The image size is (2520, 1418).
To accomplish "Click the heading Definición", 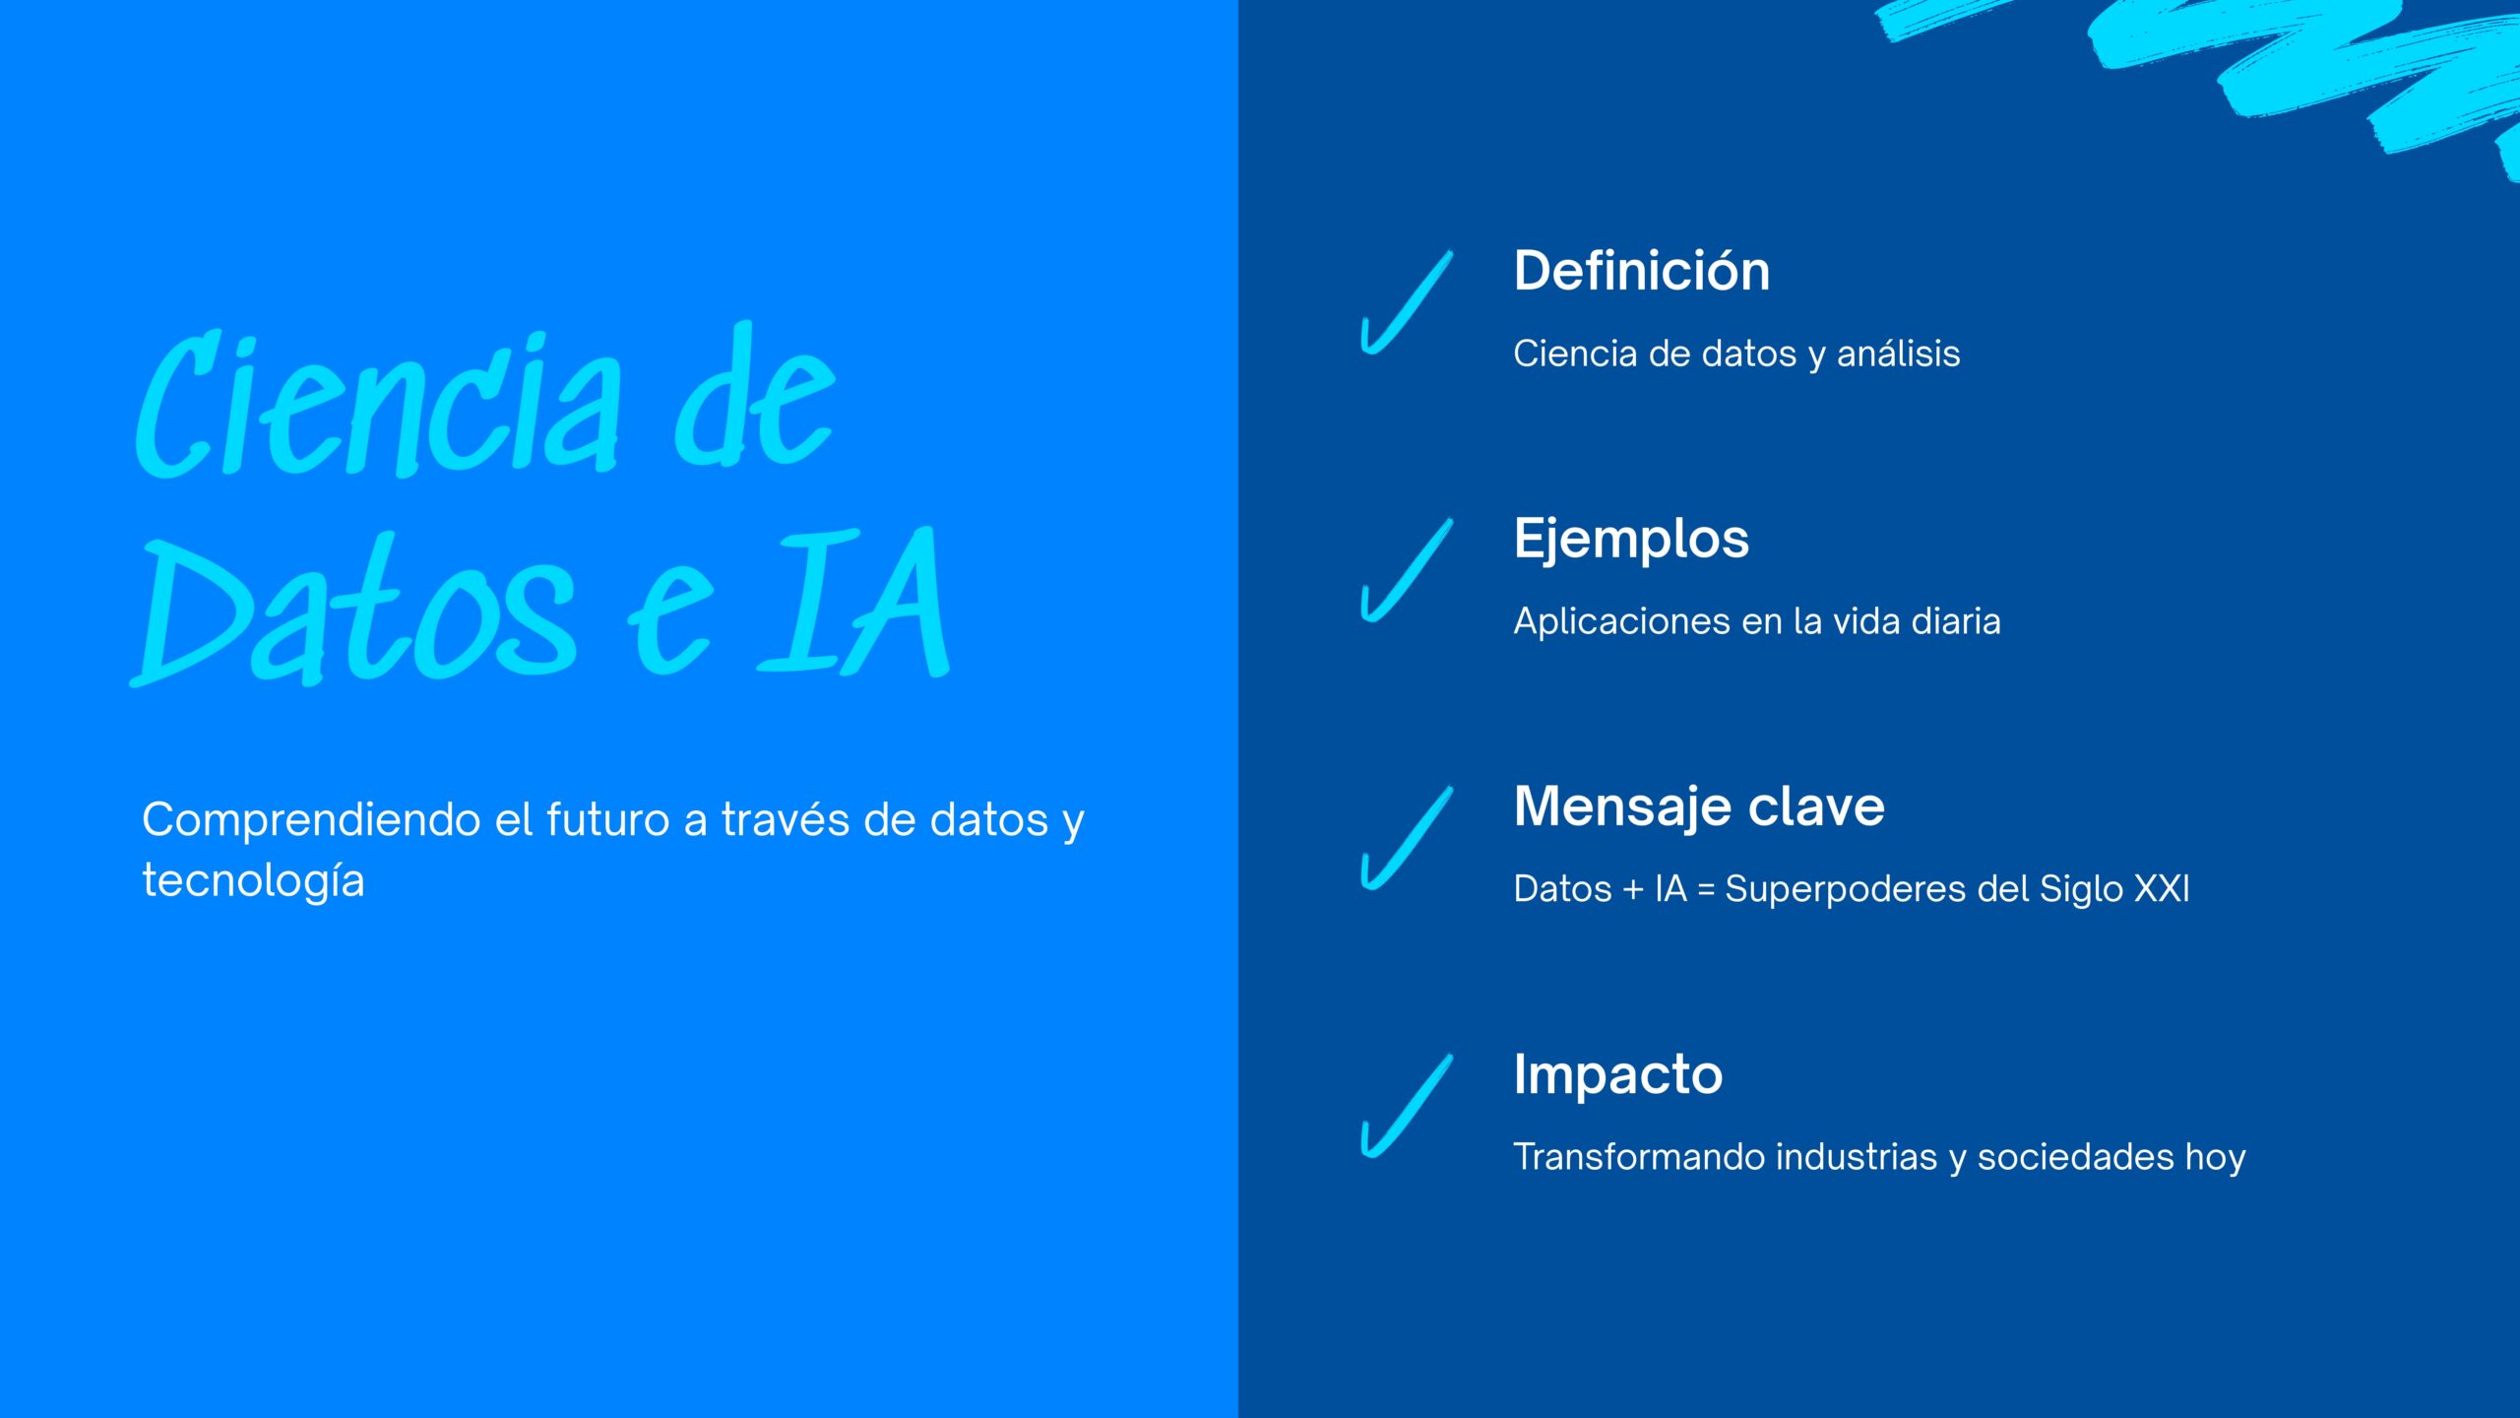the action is [1641, 271].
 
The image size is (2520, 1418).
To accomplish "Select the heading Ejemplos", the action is [1631, 540].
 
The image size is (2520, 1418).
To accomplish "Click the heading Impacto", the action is [1618, 1075].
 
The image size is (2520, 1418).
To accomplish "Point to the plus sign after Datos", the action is [1633, 889].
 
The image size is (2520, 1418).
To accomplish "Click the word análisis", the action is [1898, 353].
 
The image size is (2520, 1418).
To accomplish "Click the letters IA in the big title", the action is [854, 602].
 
